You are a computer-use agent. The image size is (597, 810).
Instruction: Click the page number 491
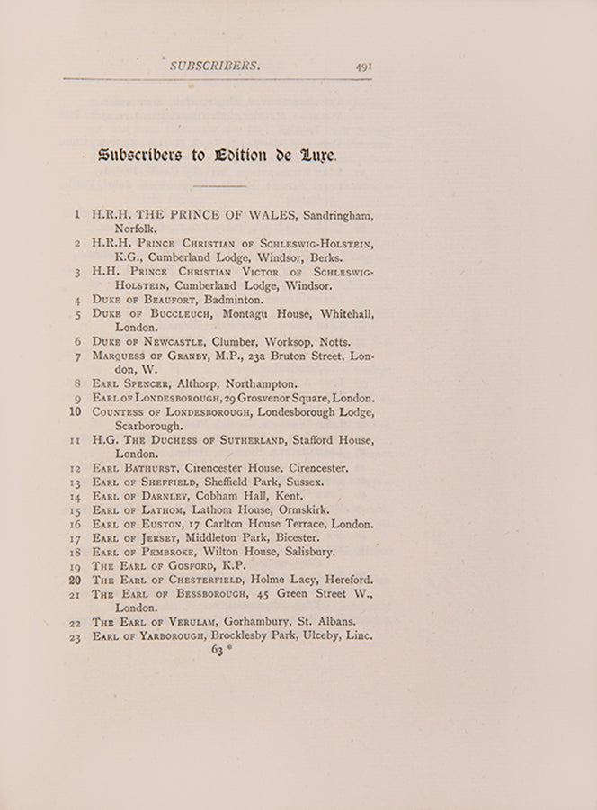tap(363, 66)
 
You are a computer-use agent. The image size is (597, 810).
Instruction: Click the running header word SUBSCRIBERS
tap(215, 66)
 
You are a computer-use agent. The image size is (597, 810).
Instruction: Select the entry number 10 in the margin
tap(76, 412)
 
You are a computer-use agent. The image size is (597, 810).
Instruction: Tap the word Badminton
tap(234, 300)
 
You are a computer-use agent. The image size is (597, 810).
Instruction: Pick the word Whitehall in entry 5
tap(344, 314)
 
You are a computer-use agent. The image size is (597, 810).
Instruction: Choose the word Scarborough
tap(149, 426)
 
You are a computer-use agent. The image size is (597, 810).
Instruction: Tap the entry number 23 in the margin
tap(76, 637)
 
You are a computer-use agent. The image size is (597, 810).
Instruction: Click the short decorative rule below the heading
tap(219, 186)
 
